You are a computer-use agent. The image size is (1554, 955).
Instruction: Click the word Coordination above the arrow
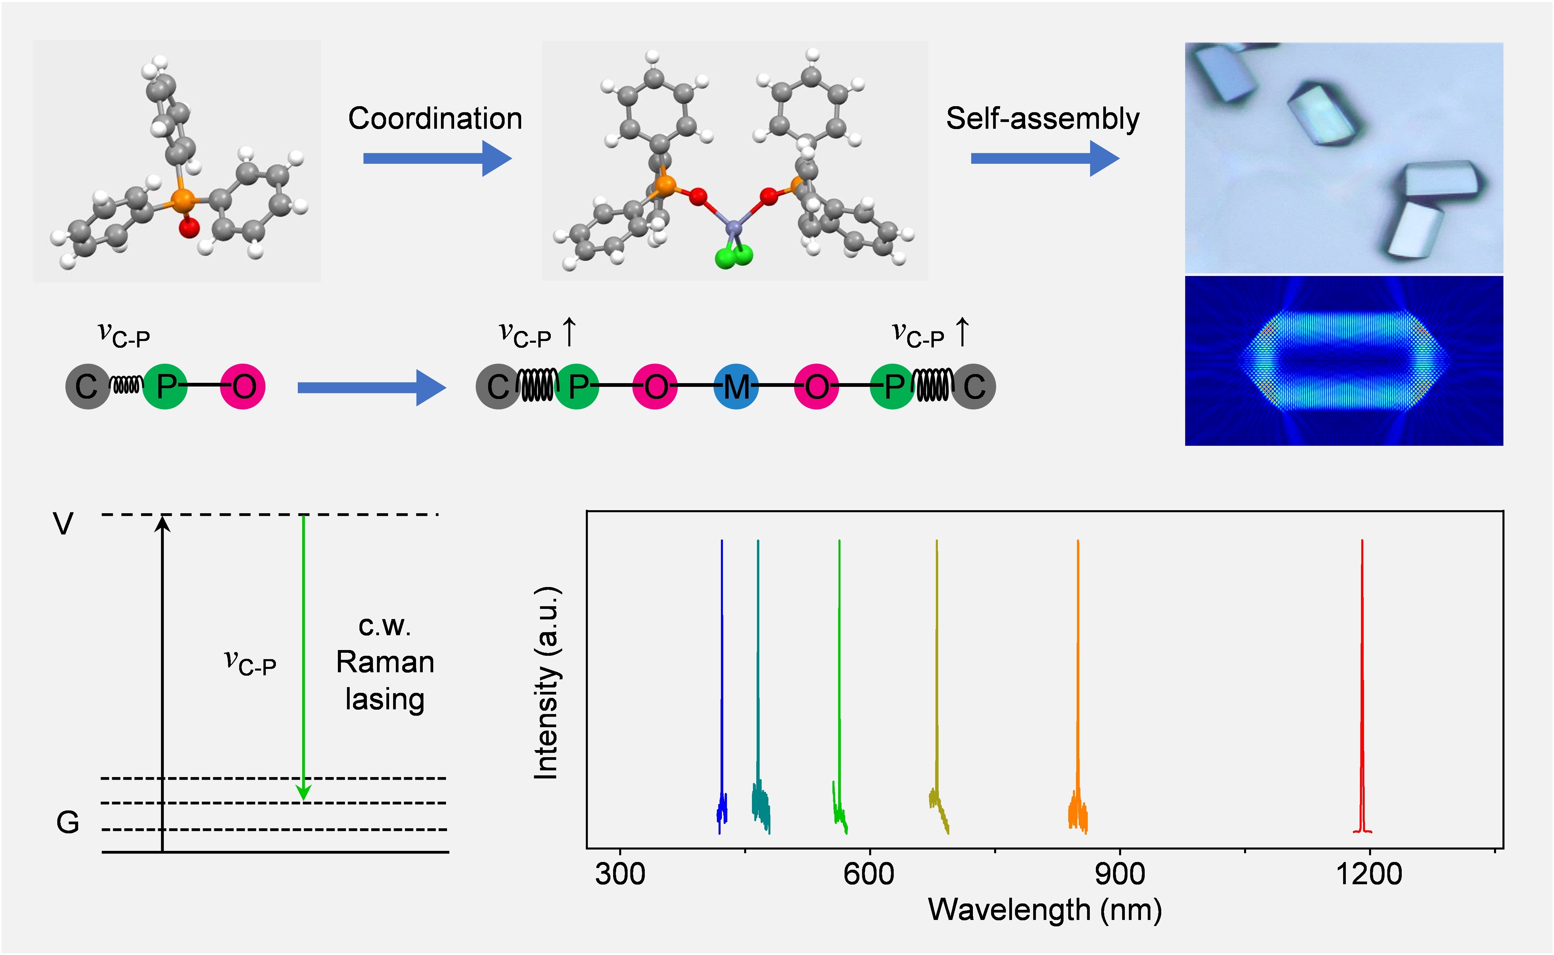coord(435,119)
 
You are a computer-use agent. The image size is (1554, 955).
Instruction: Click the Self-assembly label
coord(1043,119)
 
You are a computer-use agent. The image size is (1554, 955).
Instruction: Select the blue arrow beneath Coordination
coord(437,158)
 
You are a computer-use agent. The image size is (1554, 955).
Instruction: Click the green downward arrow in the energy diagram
coord(304,657)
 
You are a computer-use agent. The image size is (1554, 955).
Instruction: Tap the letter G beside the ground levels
coord(68,822)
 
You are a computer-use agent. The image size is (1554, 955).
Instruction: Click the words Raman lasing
coord(385,681)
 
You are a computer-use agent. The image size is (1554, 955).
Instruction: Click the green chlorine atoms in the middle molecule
coord(734,256)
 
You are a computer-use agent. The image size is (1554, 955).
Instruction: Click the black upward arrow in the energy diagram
coord(163,682)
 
